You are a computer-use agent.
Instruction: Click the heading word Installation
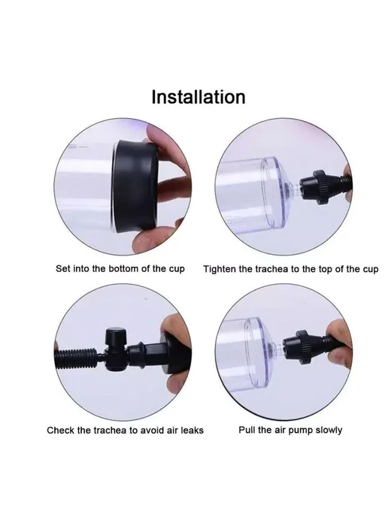click(199, 97)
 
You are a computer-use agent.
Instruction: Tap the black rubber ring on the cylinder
click(136, 186)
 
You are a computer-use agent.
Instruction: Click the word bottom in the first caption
click(124, 269)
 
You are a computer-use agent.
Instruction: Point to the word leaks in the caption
click(192, 431)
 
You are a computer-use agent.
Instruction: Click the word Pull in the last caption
click(245, 430)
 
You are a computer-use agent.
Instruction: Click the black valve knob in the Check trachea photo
click(115, 337)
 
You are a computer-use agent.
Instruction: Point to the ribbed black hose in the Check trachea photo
click(76, 358)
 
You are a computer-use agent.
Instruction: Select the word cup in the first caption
click(177, 269)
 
